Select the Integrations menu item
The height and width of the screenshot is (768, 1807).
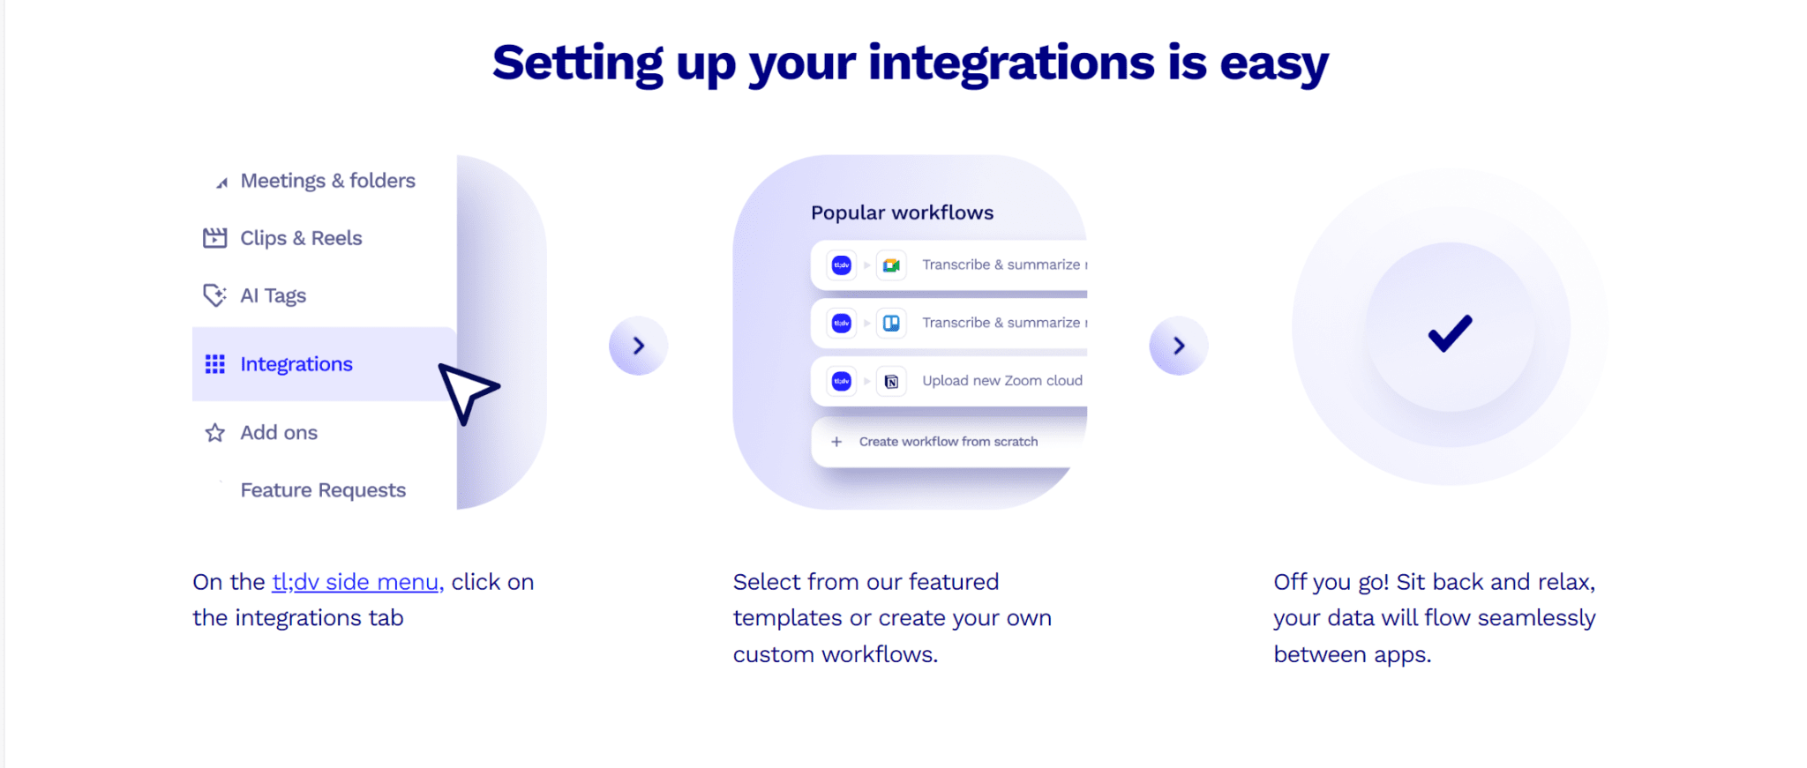coord(296,364)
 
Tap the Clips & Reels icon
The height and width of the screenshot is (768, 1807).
coord(214,238)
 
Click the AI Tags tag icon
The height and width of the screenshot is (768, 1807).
coord(214,295)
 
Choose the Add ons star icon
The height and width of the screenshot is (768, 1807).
coord(214,433)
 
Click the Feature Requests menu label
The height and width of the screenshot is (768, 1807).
coord(323,490)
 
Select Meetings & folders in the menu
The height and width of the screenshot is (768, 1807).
coord(327,181)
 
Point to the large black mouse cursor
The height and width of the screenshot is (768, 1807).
coord(466,391)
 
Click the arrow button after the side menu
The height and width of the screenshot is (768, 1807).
coord(638,346)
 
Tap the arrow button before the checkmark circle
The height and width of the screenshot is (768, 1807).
coord(1178,346)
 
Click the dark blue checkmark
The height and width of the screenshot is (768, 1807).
coord(1450,333)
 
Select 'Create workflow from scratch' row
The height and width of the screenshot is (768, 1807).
coord(948,442)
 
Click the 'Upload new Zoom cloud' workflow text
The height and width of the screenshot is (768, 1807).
coord(1001,381)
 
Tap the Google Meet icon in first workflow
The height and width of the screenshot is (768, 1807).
coord(891,265)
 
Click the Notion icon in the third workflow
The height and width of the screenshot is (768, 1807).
coord(891,382)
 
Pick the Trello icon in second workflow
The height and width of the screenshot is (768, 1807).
coord(891,324)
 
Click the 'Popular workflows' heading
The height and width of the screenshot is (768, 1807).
coord(902,213)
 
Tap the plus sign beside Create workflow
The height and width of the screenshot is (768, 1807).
coord(836,442)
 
